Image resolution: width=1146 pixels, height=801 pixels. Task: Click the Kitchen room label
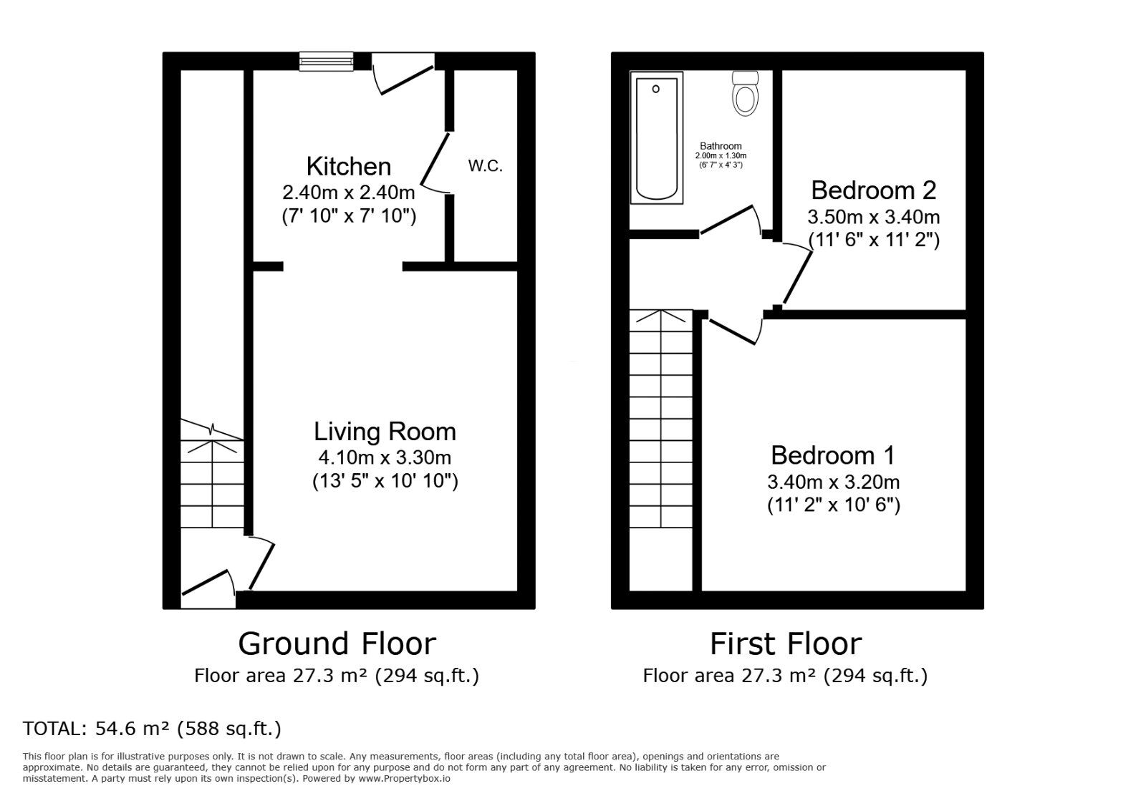(x=349, y=167)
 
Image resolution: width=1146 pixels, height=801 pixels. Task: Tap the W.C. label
(x=485, y=167)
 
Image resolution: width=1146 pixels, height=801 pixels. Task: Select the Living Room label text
(x=385, y=432)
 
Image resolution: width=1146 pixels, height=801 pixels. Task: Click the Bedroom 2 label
(x=873, y=190)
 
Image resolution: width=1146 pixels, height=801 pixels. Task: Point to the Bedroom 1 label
(x=832, y=455)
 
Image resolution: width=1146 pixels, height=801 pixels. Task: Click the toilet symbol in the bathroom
(x=746, y=93)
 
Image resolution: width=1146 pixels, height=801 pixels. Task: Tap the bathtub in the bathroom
(x=656, y=139)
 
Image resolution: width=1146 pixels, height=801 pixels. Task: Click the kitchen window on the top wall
(x=327, y=62)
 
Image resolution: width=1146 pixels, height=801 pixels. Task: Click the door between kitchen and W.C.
(x=435, y=162)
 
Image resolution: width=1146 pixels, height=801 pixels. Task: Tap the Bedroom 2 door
(x=798, y=275)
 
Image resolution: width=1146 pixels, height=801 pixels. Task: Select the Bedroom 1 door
(x=735, y=330)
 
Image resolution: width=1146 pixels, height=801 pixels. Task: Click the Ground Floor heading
(x=337, y=644)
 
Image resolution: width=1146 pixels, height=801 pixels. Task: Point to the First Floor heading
(x=785, y=644)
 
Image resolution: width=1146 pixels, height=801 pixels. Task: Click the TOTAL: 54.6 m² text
(x=152, y=729)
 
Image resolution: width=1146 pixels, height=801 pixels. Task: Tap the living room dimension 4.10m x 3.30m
(x=385, y=457)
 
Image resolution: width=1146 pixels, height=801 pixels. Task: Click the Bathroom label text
(x=721, y=146)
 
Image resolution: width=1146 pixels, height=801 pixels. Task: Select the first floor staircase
(x=660, y=429)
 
